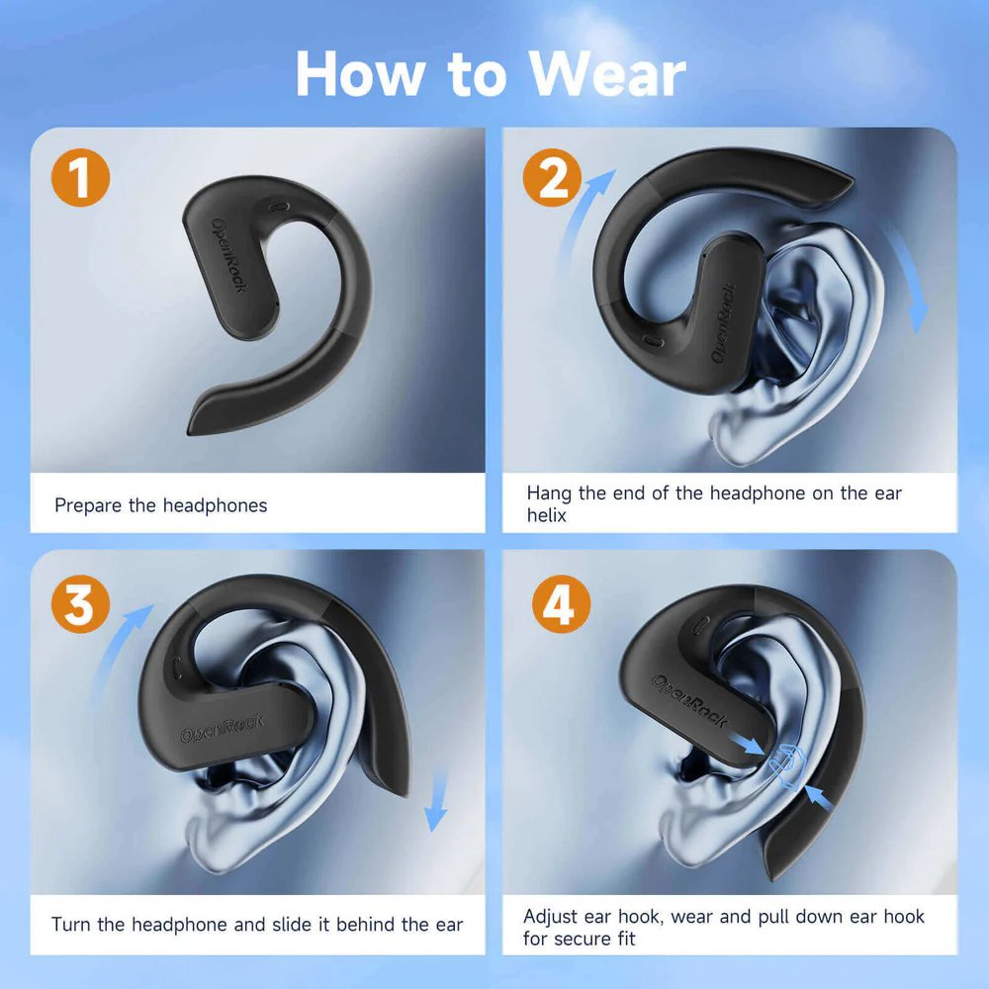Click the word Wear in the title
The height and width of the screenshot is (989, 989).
coord(607,74)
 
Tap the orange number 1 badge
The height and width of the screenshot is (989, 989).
coord(81,177)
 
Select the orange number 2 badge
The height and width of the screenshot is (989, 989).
coord(553,177)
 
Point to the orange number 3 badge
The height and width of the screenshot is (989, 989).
coord(81,603)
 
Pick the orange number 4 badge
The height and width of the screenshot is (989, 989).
coord(562,603)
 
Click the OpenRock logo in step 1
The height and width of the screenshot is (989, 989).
coord(229,255)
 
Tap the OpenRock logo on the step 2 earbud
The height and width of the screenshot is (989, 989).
coord(724,323)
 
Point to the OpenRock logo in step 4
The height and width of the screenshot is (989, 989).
coord(688,700)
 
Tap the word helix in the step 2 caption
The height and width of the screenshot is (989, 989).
coord(546,515)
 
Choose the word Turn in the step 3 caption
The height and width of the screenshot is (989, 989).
coord(70,925)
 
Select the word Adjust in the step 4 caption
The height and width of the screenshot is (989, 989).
coord(550,917)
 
